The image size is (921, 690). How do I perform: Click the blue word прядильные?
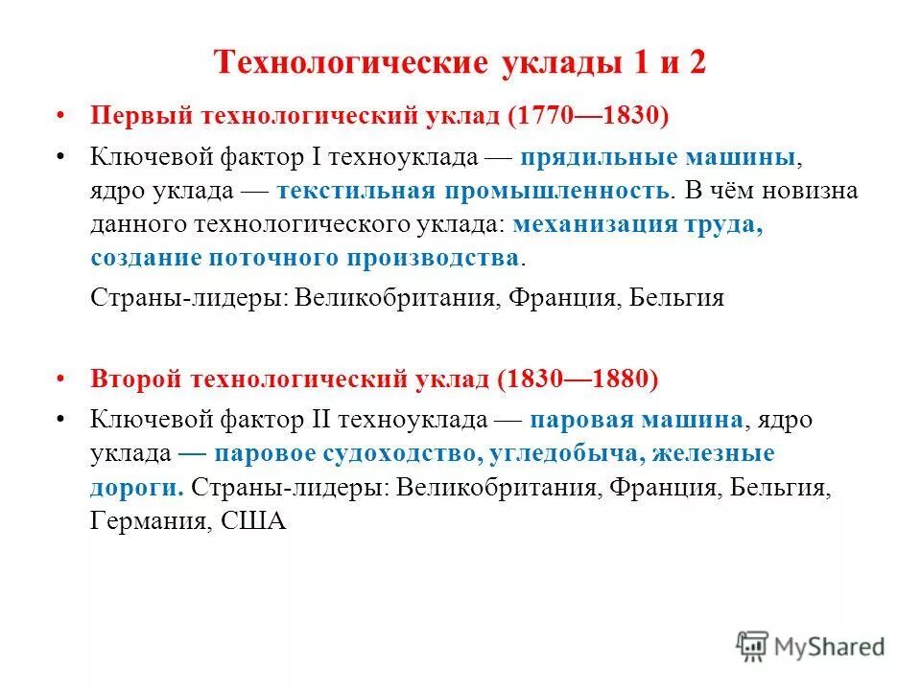point(601,156)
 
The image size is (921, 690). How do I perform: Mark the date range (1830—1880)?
point(578,379)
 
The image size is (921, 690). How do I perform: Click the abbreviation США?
point(253,522)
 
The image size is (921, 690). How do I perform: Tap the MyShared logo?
point(810,645)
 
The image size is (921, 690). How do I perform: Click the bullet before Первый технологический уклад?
point(61,115)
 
